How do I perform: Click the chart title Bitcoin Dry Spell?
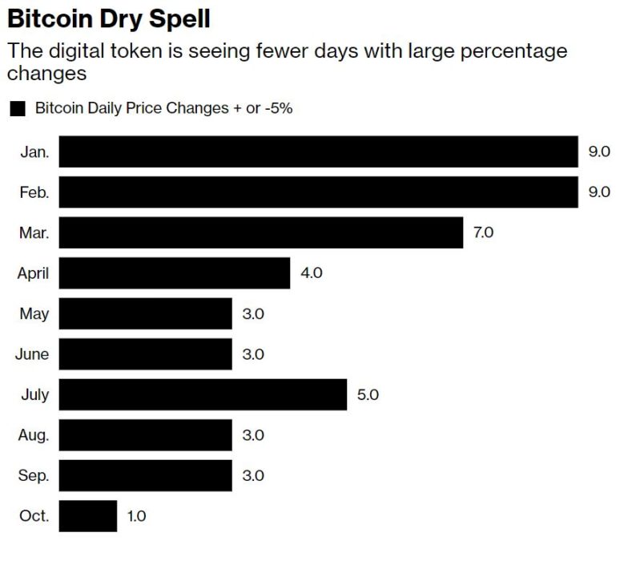point(109,18)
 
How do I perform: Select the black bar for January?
point(318,151)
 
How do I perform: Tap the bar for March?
point(260,232)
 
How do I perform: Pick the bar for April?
point(174,273)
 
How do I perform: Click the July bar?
point(203,394)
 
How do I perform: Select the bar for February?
point(318,192)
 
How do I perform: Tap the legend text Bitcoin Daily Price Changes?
point(128,108)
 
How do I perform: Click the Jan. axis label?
point(35,152)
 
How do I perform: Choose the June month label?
point(32,354)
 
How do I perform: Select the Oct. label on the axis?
point(34,516)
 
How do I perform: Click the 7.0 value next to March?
point(483,233)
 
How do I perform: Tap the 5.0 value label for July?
point(368,395)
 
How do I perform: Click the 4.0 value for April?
point(310,273)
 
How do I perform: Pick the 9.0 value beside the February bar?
point(599,192)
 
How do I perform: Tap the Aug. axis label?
point(34,435)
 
